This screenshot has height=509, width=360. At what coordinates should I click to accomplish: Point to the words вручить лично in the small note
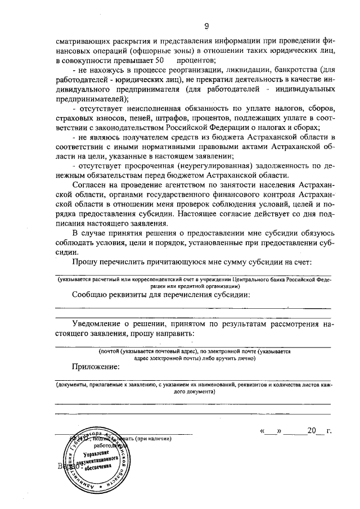point(234,358)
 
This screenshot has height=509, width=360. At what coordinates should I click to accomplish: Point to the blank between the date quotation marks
point(270,432)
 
